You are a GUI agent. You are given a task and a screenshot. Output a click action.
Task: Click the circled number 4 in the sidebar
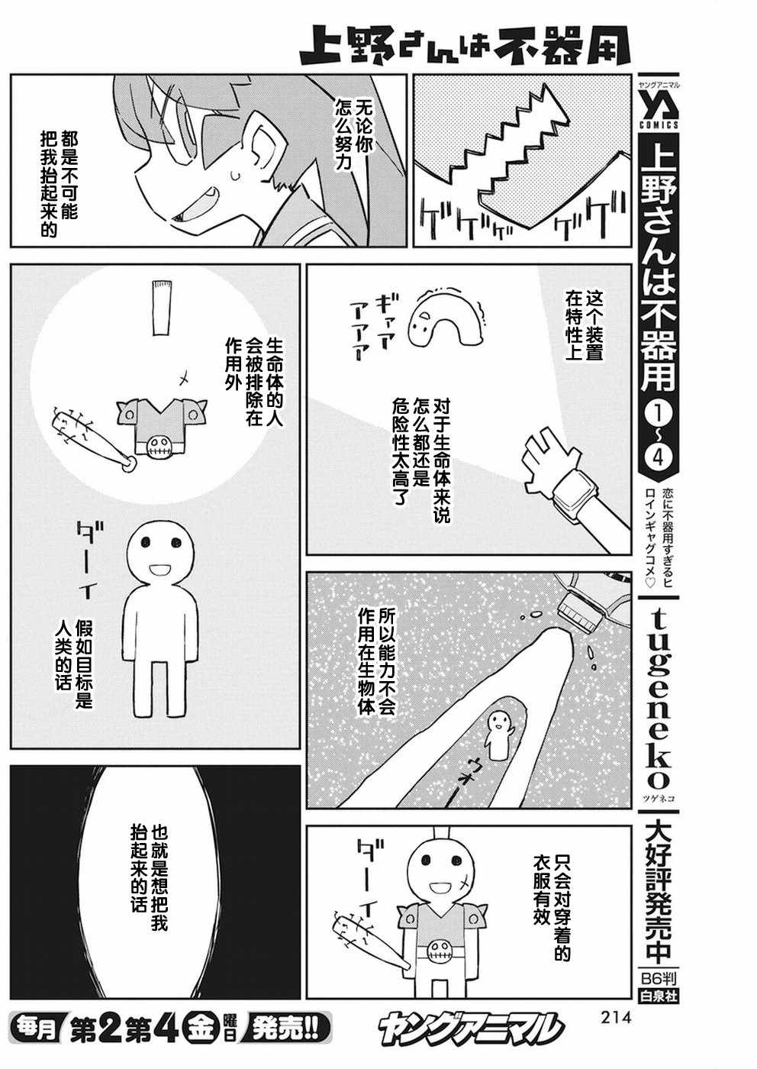[x=659, y=450]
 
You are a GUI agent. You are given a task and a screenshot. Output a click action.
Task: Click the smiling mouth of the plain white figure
[x=160, y=570]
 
